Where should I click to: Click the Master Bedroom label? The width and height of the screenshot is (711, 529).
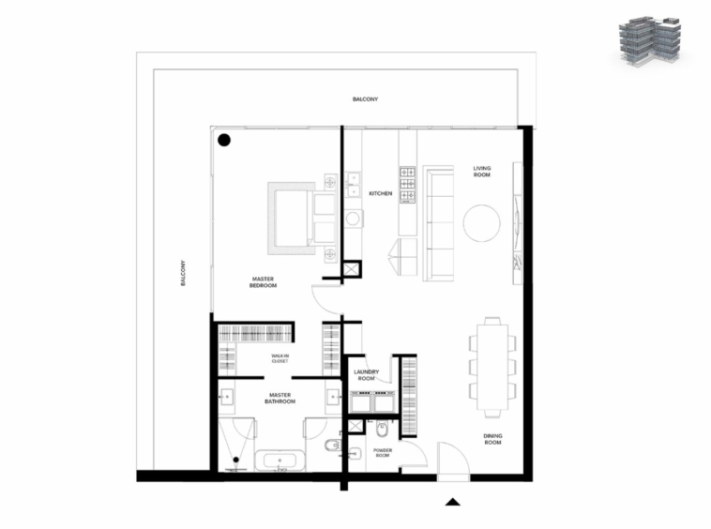click(x=263, y=282)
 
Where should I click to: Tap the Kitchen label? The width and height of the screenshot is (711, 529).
click(x=381, y=193)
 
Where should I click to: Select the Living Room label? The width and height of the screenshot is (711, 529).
click(x=482, y=172)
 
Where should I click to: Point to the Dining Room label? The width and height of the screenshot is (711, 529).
click(x=492, y=439)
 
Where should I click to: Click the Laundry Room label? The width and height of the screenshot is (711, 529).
click(x=367, y=375)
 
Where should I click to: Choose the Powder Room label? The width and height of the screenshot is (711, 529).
click(x=383, y=452)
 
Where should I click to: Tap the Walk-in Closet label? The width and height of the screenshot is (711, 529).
click(x=280, y=358)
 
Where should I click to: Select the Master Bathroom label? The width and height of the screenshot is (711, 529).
click(x=280, y=398)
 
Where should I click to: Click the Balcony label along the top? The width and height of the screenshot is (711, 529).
click(x=365, y=98)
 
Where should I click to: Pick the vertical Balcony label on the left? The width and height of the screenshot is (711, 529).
click(x=183, y=273)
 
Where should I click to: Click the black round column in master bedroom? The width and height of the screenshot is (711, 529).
click(x=224, y=140)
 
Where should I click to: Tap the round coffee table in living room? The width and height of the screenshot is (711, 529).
click(x=481, y=223)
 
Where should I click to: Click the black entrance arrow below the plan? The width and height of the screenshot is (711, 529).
click(x=452, y=502)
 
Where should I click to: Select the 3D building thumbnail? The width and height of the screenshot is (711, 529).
click(x=650, y=41)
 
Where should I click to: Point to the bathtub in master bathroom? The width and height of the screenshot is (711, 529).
click(x=280, y=461)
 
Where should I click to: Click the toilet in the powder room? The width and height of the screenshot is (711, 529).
click(x=383, y=429)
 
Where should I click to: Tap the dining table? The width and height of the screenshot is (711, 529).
click(x=492, y=367)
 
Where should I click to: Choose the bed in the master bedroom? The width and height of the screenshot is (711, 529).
click(x=295, y=219)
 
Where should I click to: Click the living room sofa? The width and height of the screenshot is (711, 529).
click(x=438, y=223)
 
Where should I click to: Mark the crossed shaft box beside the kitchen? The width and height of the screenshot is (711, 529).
click(x=351, y=269)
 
